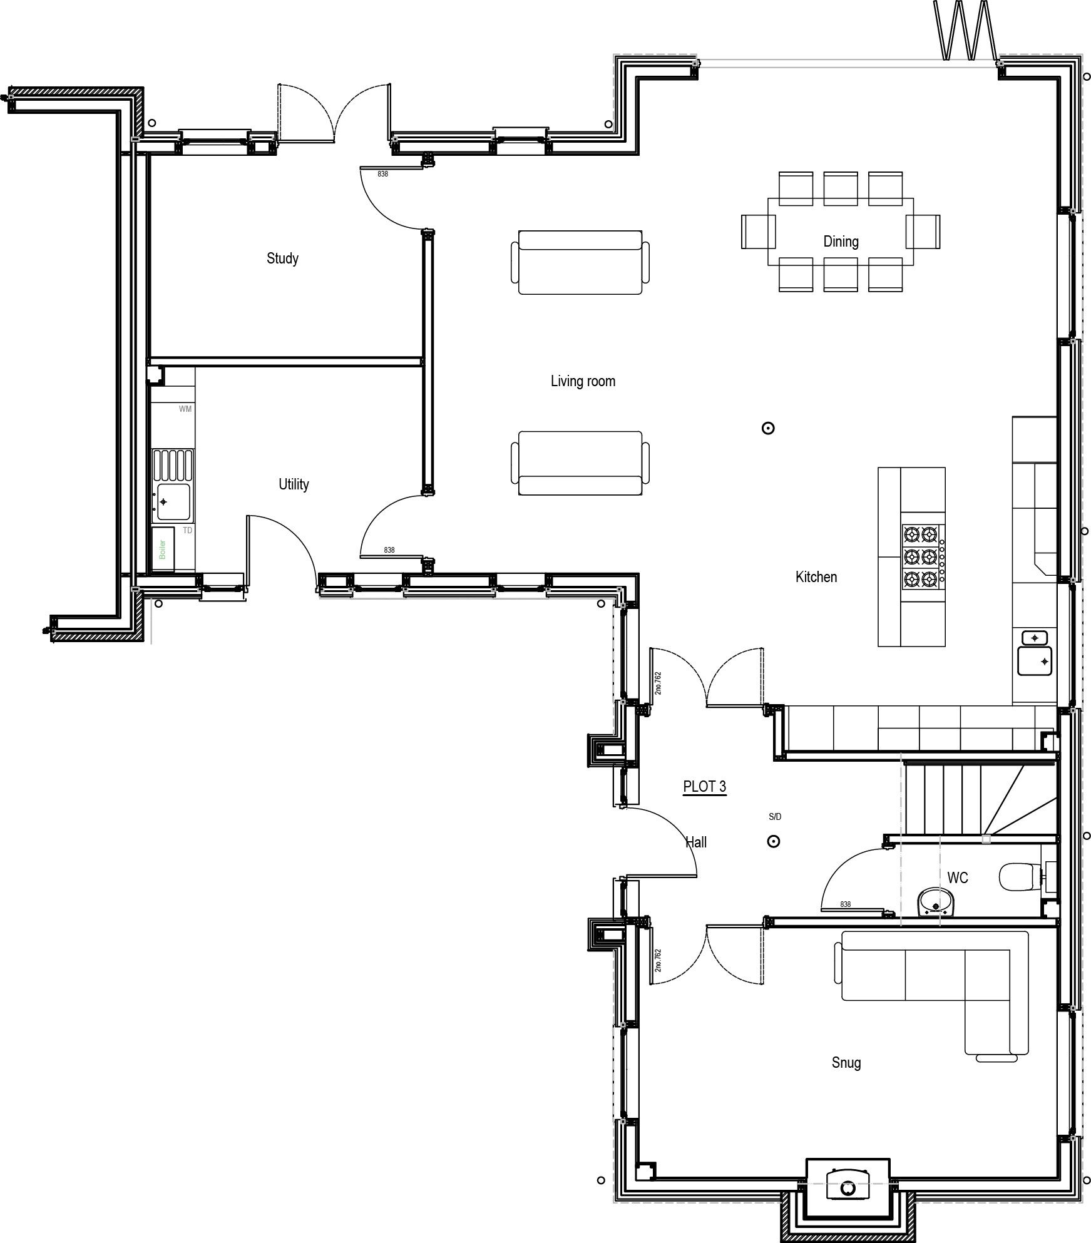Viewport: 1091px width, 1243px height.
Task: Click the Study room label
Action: pos(282,258)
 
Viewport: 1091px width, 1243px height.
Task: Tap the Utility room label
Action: pos(294,484)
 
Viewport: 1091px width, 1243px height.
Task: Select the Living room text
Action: pos(583,381)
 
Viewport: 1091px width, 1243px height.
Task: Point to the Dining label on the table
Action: pos(841,242)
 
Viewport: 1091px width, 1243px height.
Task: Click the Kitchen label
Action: pos(816,577)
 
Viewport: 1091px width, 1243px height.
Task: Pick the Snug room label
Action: pos(846,1063)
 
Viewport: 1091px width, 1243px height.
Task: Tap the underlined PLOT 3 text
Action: pos(705,787)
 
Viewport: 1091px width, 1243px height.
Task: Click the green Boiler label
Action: pos(163,550)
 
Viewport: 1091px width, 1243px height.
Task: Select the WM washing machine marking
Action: pos(185,409)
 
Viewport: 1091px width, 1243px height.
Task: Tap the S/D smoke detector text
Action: pos(775,817)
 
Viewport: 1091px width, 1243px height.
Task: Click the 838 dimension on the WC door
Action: pos(845,904)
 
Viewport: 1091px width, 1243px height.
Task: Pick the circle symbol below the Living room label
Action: pos(768,429)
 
